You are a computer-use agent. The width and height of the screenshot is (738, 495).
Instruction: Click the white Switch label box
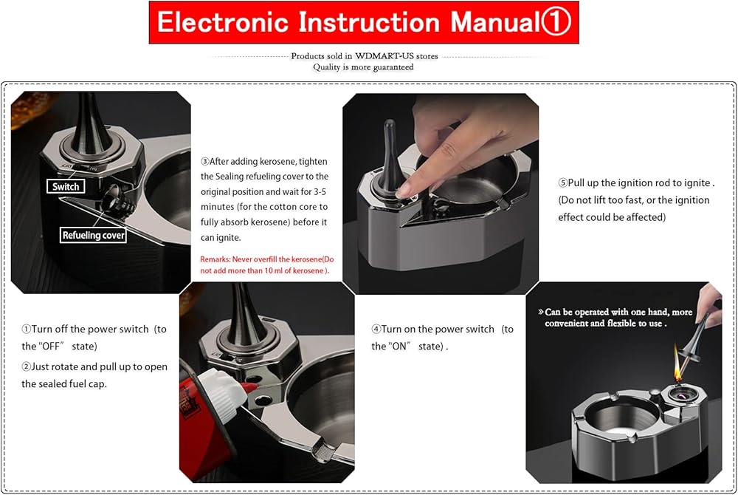(x=66, y=186)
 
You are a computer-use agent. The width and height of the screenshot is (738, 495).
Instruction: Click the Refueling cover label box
(x=93, y=235)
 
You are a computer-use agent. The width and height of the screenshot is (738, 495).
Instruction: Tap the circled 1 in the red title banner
(x=556, y=21)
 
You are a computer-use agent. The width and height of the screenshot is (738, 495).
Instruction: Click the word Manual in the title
(x=494, y=21)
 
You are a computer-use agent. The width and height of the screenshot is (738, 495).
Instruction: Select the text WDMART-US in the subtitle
(x=384, y=56)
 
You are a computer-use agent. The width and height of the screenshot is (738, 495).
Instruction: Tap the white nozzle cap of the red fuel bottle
(x=222, y=394)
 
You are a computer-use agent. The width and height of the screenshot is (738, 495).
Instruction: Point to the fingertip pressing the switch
(x=404, y=188)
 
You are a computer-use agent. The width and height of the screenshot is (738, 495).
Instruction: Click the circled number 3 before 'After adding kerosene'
(x=204, y=162)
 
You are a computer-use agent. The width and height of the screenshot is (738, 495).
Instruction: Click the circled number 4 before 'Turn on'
(x=376, y=329)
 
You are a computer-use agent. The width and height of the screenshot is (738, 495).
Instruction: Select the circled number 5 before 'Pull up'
(x=563, y=182)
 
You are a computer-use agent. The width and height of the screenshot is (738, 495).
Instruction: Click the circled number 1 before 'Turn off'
(x=27, y=329)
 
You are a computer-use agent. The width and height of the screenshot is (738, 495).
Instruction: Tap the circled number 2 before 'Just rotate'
(x=27, y=366)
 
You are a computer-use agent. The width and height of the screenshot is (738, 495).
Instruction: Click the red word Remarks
(x=215, y=259)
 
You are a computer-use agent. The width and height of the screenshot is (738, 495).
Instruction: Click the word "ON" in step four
(x=399, y=346)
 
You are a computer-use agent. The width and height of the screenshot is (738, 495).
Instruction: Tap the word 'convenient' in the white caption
(x=566, y=323)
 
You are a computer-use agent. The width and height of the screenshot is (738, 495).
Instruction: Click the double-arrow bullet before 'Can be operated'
(x=541, y=312)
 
